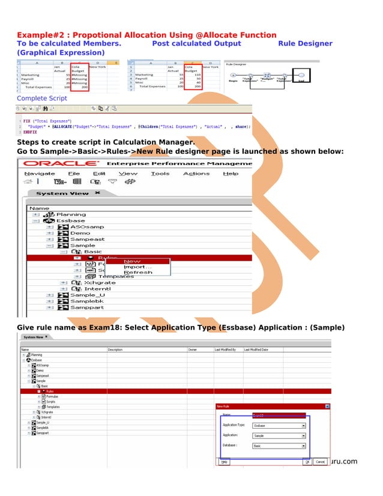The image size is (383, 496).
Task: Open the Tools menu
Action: pos(160,174)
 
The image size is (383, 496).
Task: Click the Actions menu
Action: pos(196,174)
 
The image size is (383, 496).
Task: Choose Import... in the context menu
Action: pos(137,267)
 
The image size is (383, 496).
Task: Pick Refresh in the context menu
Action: pos(137,272)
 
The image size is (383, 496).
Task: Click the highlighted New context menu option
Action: pos(132,261)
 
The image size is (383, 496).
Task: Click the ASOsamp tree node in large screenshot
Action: pos(87,226)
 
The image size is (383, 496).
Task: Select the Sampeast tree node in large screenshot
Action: pos(87,239)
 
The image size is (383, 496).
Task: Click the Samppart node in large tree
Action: pos(87,307)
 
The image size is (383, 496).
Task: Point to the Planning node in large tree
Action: pos(70,214)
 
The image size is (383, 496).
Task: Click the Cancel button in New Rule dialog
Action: pos(321,462)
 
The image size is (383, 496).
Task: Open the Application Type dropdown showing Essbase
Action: pos(279,425)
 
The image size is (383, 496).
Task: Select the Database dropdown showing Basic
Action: pos(279,446)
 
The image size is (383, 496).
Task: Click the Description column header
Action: pos(115,349)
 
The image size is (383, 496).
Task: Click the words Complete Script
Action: pos(42,98)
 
